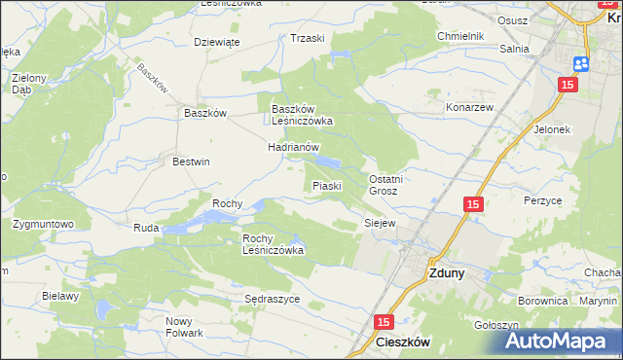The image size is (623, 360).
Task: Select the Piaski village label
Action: (x=325, y=185)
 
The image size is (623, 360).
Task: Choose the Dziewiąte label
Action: (x=217, y=42)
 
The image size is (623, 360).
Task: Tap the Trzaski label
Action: (x=307, y=38)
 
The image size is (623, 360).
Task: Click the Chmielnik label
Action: (x=460, y=36)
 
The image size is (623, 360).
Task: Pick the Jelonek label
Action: (x=551, y=128)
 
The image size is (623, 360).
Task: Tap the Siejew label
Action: (x=380, y=223)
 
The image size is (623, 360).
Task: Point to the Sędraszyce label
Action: (x=272, y=299)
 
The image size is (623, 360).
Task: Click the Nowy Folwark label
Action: (x=184, y=327)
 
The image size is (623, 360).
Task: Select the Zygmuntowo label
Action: (x=44, y=224)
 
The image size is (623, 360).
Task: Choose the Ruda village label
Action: (x=146, y=228)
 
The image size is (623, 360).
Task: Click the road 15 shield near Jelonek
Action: (x=569, y=85)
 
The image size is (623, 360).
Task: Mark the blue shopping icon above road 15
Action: (x=582, y=63)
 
